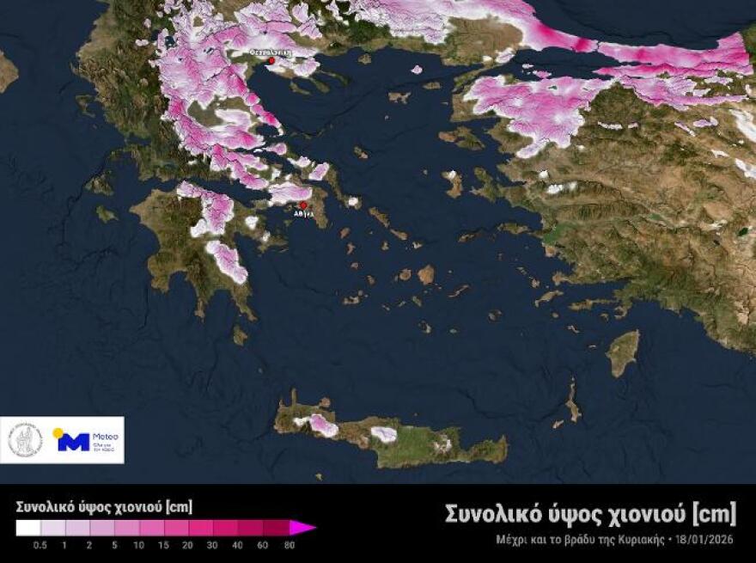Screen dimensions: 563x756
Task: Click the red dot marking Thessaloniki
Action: coord(271,61)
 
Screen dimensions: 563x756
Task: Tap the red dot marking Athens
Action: coord(302,205)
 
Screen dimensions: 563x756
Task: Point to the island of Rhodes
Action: coord(624,352)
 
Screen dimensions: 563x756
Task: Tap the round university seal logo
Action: coord(25,440)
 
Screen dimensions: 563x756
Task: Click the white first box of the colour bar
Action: coord(27,528)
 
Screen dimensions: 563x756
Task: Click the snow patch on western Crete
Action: coord(323,424)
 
